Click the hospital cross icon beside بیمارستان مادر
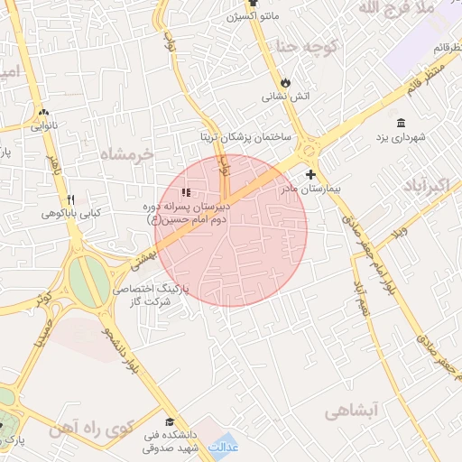(311, 174)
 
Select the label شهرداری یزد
(400, 137)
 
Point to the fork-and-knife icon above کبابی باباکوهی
(71, 200)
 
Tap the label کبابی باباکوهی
(70, 215)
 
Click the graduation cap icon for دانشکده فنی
(168, 421)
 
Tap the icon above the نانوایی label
(42, 113)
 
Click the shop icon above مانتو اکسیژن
(254, 3)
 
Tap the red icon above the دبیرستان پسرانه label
(186, 191)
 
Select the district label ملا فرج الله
(397, 8)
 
